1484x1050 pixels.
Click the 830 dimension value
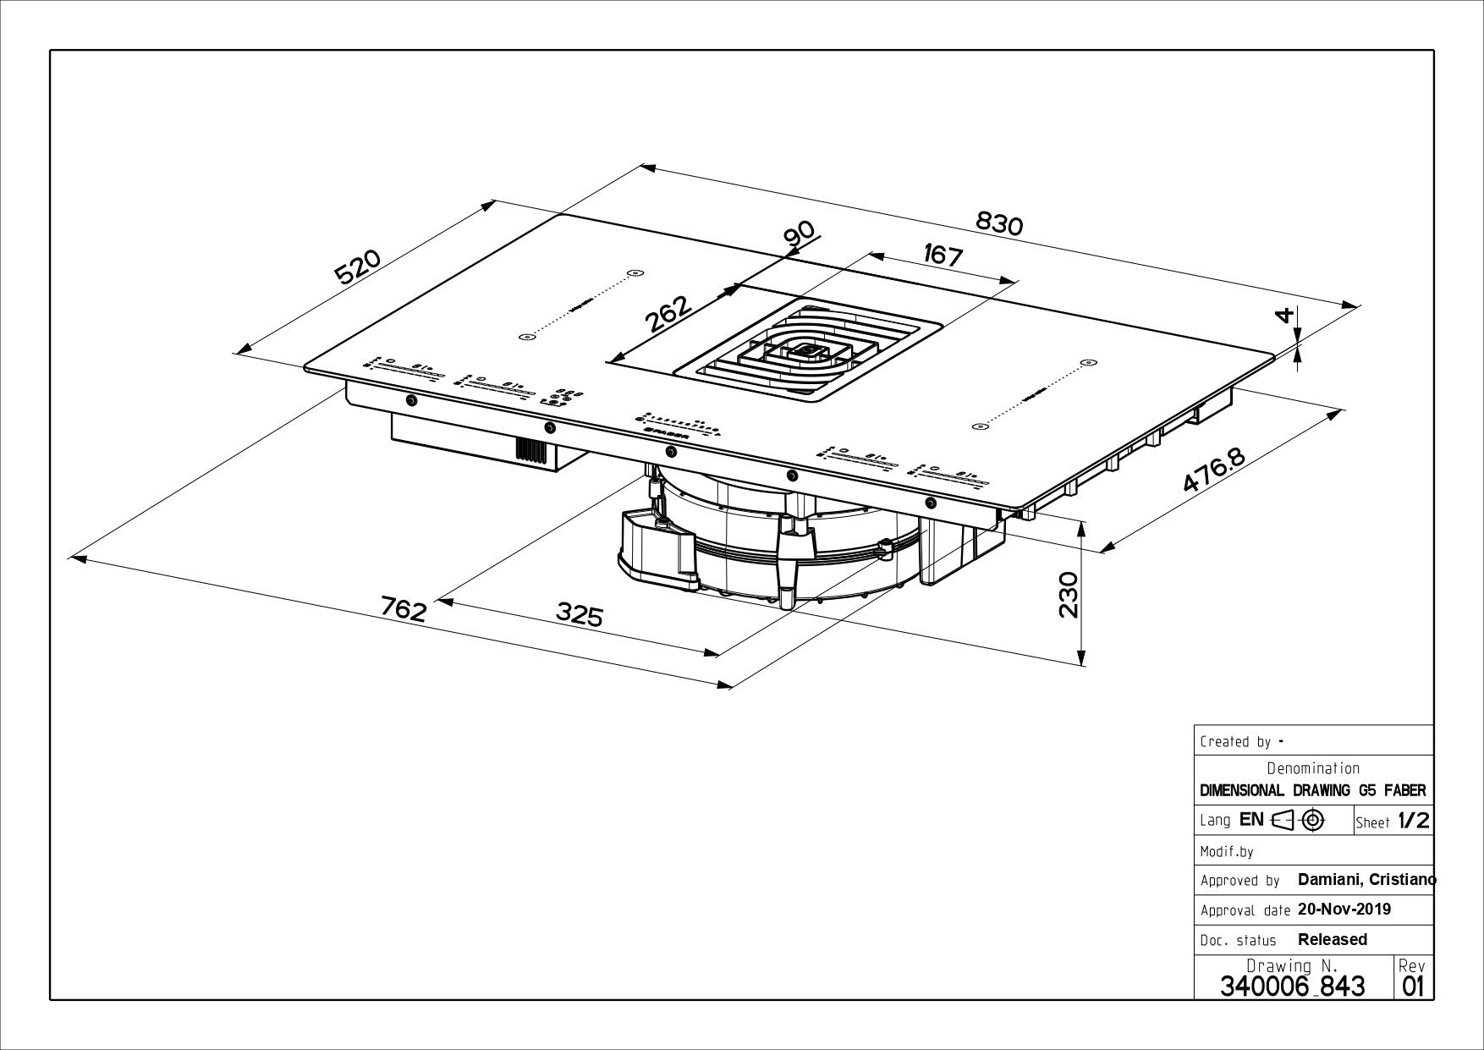point(999,223)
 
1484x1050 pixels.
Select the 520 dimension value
point(358,267)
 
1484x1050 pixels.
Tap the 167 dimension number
point(943,255)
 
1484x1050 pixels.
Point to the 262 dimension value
point(668,313)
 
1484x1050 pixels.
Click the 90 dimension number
point(799,234)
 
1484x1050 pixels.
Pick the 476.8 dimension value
point(1214,470)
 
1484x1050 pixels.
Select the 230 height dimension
point(1069,595)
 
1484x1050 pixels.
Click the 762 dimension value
point(404,608)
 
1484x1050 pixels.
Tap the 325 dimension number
point(580,614)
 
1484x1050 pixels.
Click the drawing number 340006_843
point(1292,986)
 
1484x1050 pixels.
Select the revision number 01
point(1413,986)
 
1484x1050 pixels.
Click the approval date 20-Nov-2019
point(1344,910)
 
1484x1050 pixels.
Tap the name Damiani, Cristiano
point(1366,880)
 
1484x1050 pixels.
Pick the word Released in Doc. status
point(1332,939)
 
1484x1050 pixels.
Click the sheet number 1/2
point(1413,821)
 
